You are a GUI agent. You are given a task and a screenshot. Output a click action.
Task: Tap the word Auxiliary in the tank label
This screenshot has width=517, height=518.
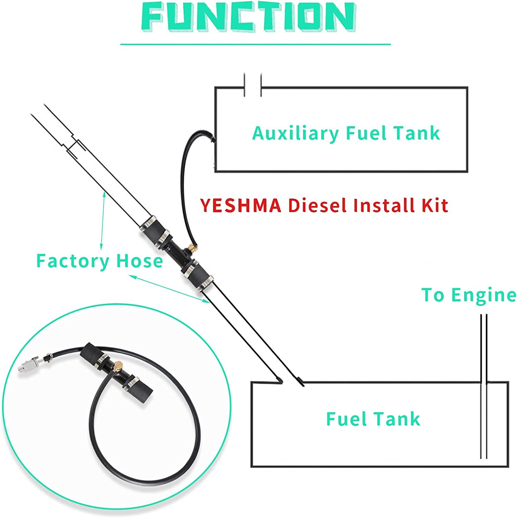tap(295, 133)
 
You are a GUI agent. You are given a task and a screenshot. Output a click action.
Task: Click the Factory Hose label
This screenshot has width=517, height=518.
tap(99, 261)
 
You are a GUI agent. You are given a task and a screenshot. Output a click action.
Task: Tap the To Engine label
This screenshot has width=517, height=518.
tap(468, 295)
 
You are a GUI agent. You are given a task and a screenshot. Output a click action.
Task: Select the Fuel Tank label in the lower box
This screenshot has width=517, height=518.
tap(373, 419)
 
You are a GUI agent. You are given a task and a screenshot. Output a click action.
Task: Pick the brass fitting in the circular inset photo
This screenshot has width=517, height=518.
tap(119, 365)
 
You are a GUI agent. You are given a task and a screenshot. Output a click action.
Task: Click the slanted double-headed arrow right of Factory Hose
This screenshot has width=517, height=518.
tap(169, 289)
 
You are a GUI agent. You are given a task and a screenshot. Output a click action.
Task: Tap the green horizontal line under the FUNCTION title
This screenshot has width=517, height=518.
tap(255, 45)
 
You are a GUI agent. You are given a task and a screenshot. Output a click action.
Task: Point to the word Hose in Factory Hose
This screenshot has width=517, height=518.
tap(139, 261)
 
